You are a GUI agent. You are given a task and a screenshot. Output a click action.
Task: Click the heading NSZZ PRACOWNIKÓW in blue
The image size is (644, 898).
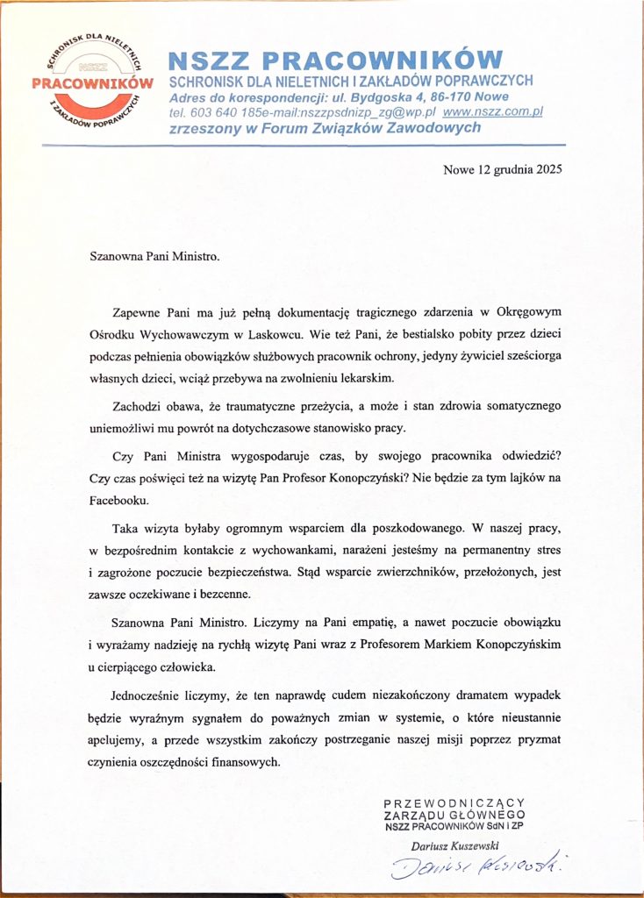pos(335,61)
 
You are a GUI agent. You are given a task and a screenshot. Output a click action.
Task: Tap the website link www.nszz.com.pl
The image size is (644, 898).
pos(494,112)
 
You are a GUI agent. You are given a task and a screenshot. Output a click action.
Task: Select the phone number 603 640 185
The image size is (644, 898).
pos(216,112)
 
